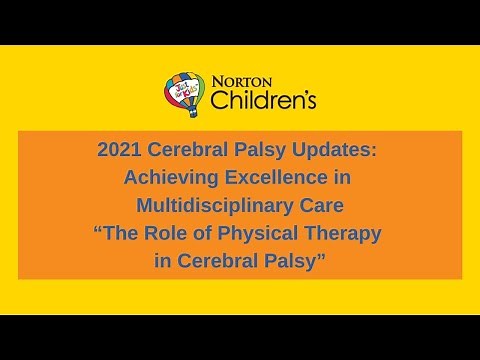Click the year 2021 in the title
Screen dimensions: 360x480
(120, 151)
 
